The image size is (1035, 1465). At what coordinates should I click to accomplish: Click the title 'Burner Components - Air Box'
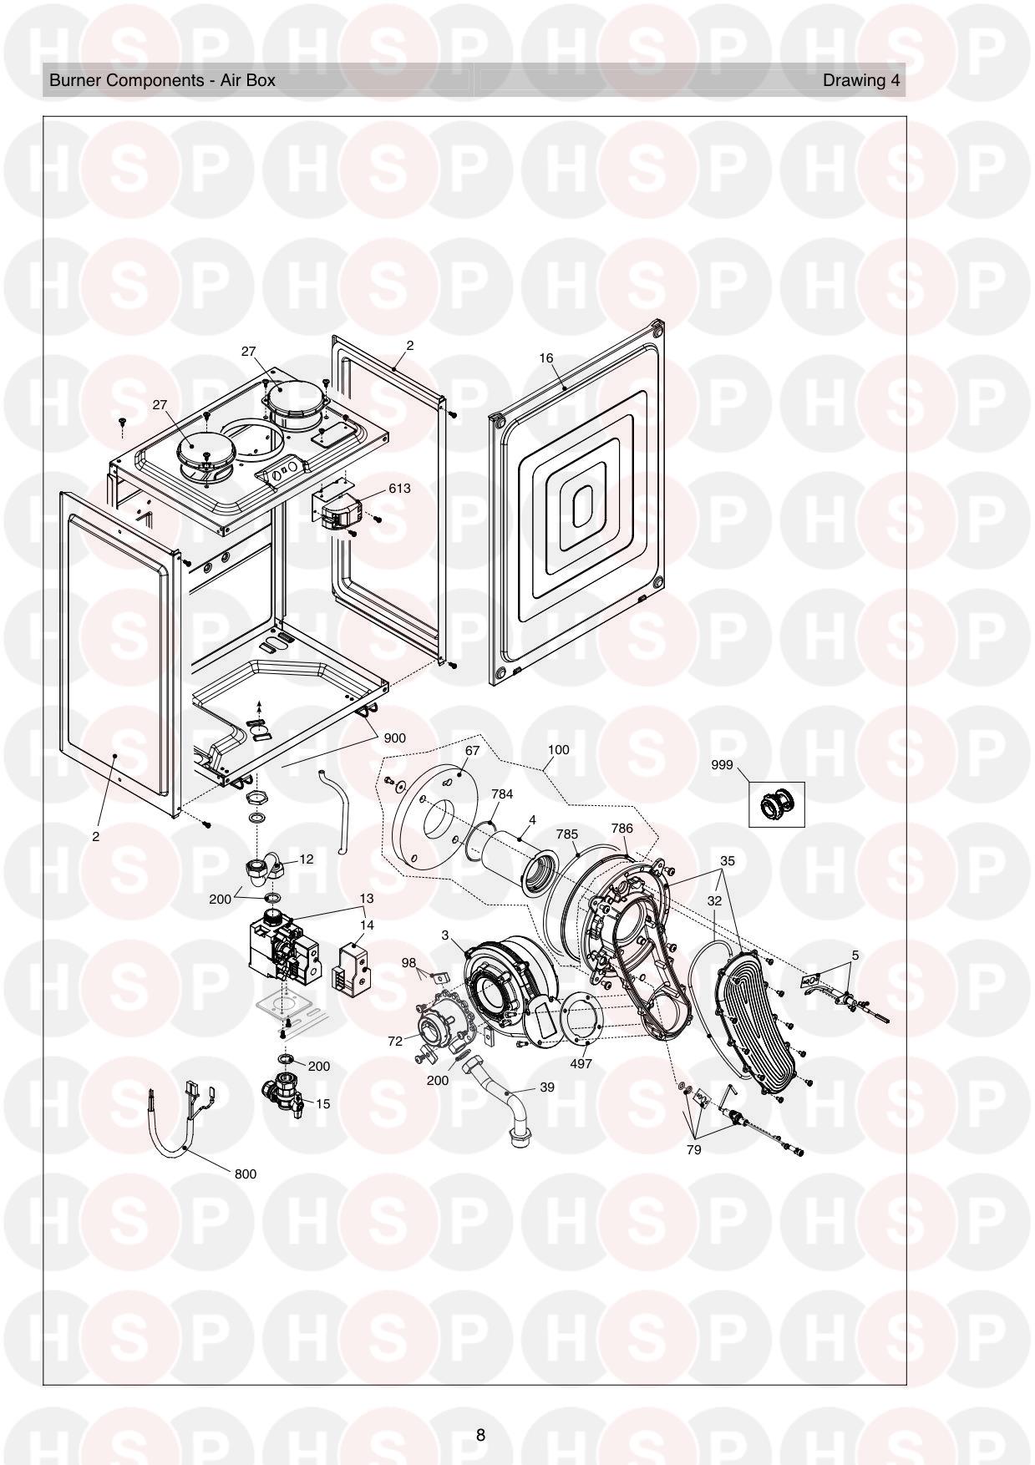tap(162, 81)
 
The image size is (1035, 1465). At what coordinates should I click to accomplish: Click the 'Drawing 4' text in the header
tap(861, 81)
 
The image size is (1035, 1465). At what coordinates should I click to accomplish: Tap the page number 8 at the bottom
tap(480, 1435)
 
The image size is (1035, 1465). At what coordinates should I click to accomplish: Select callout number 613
tap(399, 489)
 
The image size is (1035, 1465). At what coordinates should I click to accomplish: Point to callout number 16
tap(546, 358)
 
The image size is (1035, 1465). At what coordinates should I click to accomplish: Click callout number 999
tap(723, 764)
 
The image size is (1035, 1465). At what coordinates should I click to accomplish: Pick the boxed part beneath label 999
tap(776, 804)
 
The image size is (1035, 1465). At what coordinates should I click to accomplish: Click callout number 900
tap(395, 738)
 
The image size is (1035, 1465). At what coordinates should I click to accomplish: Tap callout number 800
tap(245, 1174)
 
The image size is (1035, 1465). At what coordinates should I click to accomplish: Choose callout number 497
tap(581, 1064)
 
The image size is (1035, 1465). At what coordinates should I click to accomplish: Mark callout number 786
tap(622, 829)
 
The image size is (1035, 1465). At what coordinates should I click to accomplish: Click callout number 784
tap(502, 794)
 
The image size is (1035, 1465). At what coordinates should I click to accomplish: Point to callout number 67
tap(473, 750)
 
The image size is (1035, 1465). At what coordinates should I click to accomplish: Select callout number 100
tap(558, 749)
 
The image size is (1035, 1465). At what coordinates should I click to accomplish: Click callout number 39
tap(547, 1087)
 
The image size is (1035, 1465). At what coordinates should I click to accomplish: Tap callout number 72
tap(395, 1041)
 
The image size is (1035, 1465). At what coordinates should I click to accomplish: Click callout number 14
tap(368, 925)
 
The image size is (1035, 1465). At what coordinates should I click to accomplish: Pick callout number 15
tap(323, 1103)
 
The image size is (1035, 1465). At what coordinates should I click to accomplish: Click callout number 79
tap(693, 1149)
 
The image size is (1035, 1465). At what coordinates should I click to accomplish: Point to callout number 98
tap(408, 963)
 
